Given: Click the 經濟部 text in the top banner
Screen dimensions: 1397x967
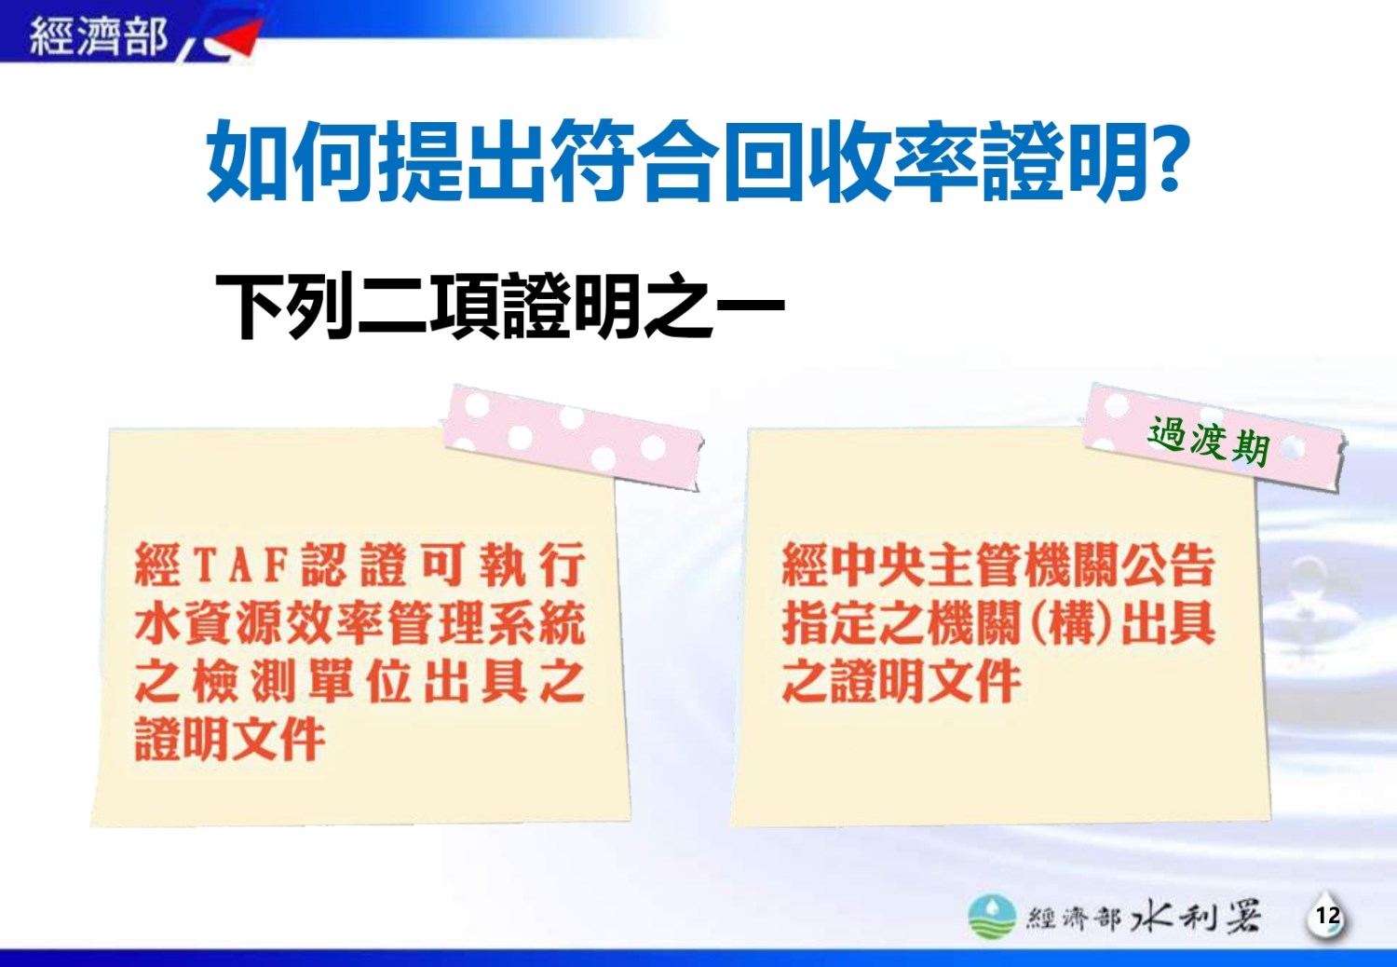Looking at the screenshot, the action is (99, 35).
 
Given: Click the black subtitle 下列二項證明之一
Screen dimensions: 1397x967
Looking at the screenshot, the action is (500, 306).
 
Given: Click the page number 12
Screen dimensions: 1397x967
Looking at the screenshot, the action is (1328, 915).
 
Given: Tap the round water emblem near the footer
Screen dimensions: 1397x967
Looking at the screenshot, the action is (992, 916).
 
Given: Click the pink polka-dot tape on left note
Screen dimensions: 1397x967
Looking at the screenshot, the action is (573, 437).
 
